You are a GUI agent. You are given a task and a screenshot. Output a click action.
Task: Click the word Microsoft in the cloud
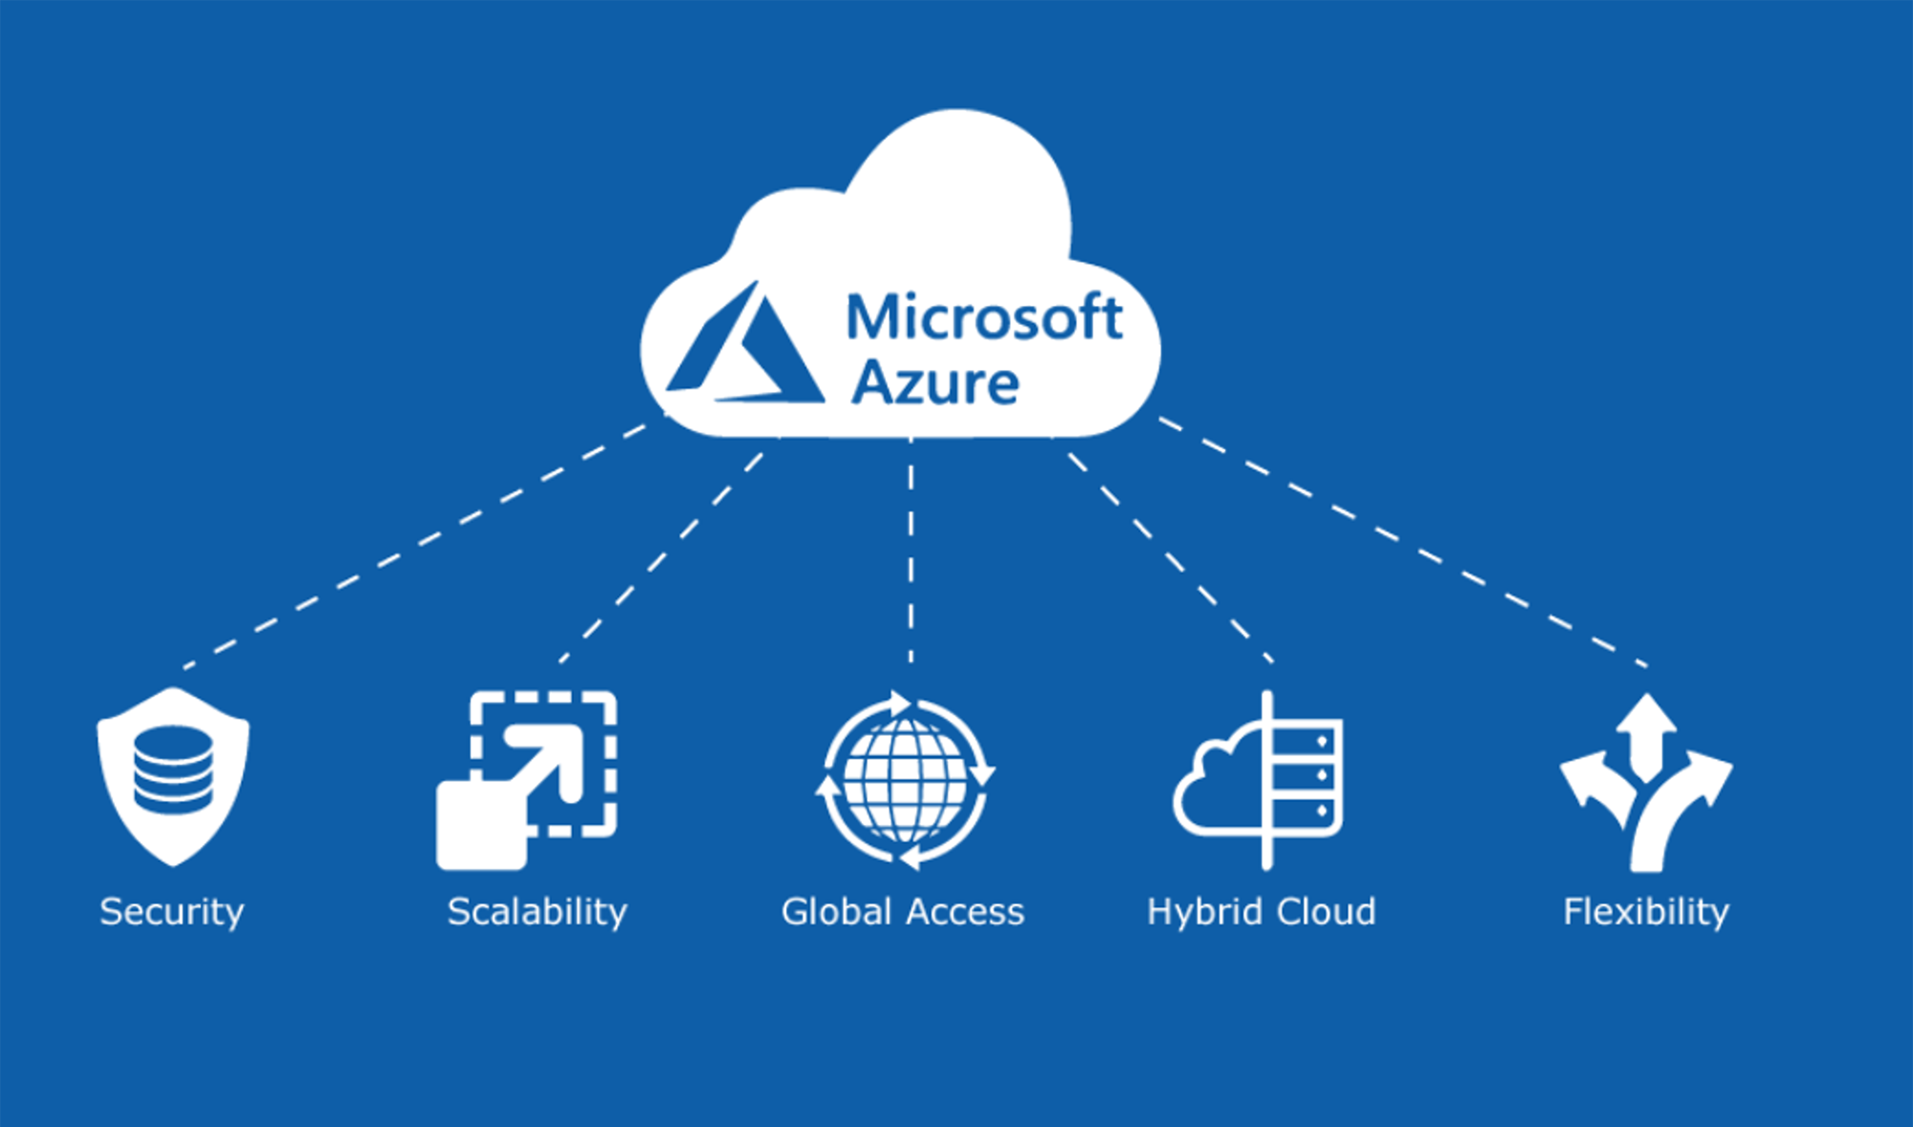[x=983, y=317]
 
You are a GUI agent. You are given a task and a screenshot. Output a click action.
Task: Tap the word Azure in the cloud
[x=935, y=383]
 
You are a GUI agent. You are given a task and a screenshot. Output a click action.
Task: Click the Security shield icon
[x=173, y=776]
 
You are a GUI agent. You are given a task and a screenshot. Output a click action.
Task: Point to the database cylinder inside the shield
[x=173, y=769]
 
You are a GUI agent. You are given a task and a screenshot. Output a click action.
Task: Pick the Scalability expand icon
[x=527, y=779]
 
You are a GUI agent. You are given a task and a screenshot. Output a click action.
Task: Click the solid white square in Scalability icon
[x=481, y=824]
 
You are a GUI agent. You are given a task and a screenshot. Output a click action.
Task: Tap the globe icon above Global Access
[x=905, y=780]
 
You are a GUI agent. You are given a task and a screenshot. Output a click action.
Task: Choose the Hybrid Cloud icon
[x=1259, y=780]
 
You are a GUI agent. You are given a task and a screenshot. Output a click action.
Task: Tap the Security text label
[x=172, y=912]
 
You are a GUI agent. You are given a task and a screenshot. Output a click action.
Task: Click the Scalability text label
[x=538, y=912]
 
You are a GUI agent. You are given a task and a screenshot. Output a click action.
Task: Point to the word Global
[x=837, y=912]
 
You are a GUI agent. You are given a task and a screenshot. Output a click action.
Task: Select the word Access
[x=964, y=912]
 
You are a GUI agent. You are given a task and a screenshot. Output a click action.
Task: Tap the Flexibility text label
[x=1646, y=912]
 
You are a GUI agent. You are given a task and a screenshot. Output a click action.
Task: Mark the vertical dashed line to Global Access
[x=911, y=554]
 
